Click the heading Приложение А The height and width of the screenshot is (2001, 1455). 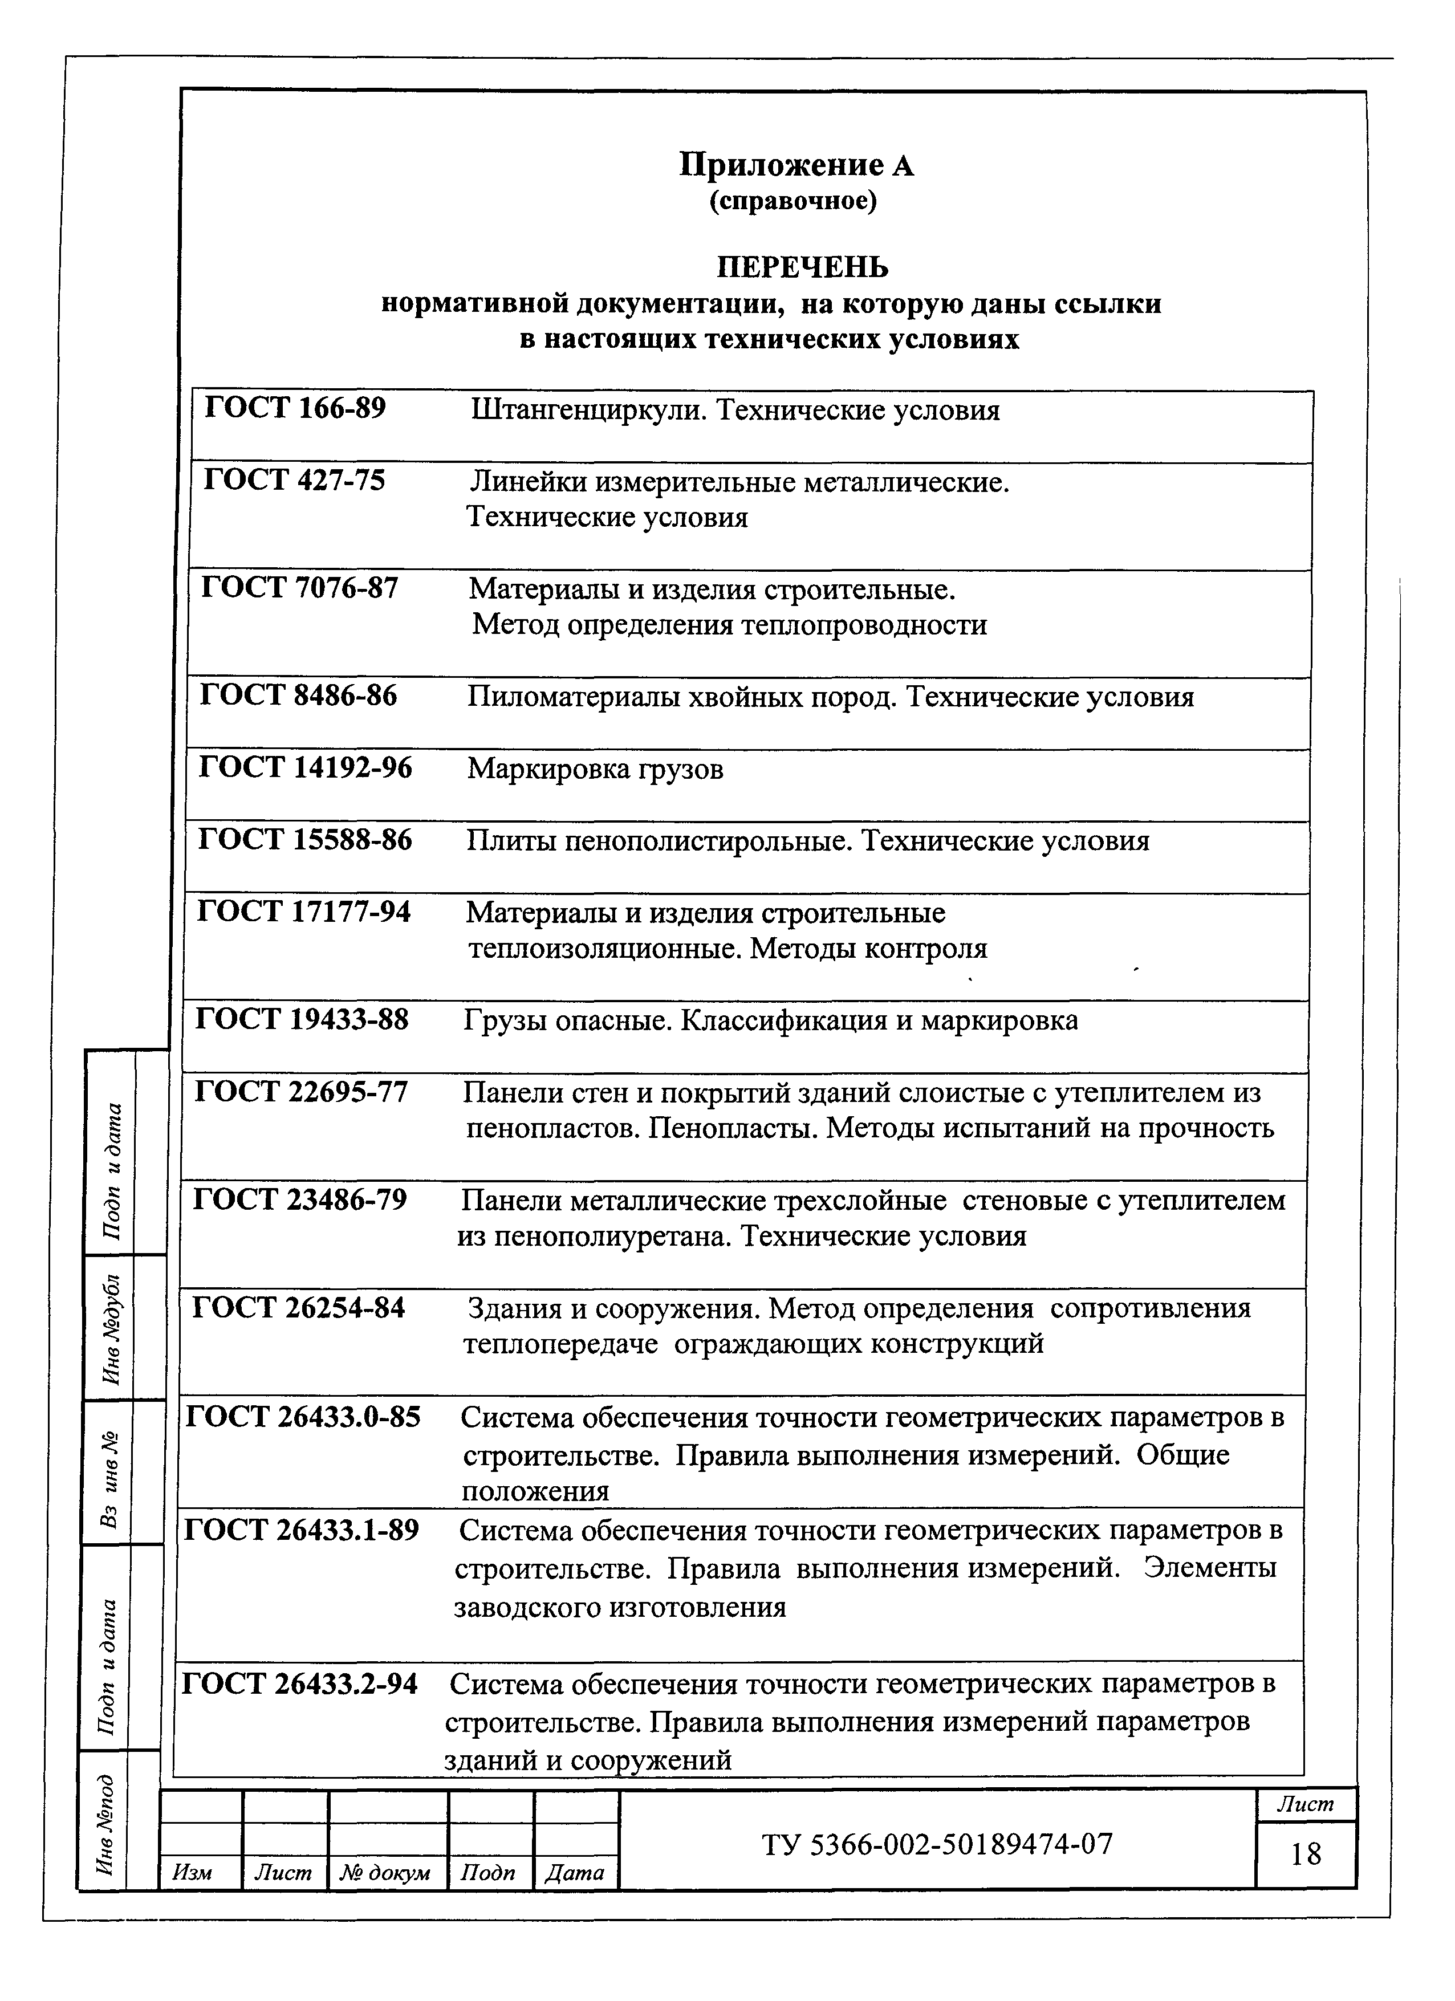pyautogui.click(x=796, y=164)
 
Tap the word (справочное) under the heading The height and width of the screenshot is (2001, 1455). pyautogui.click(x=793, y=202)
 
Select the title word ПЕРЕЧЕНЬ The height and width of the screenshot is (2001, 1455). pyautogui.click(x=801, y=266)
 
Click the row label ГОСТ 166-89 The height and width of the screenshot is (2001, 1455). pyautogui.click(x=295, y=409)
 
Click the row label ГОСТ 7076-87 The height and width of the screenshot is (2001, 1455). pyautogui.click(x=300, y=588)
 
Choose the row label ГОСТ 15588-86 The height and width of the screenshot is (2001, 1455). pyautogui.click(x=304, y=840)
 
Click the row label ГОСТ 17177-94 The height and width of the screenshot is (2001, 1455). pyautogui.click(x=303, y=912)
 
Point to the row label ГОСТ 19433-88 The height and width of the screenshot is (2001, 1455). pyautogui.click(x=302, y=1021)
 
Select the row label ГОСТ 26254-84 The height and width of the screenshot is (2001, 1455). pyautogui.click(x=298, y=1308)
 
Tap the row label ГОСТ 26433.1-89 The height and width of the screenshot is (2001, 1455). pyautogui.click(x=301, y=1531)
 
